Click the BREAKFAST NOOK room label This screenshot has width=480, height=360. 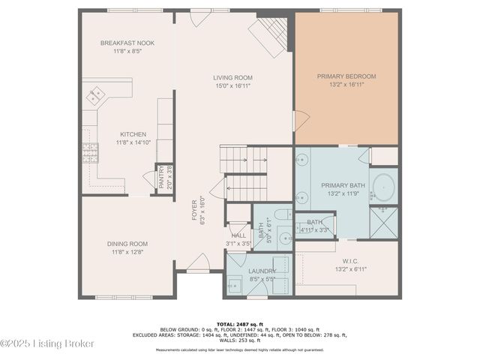(127, 43)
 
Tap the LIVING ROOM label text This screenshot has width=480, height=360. (232, 77)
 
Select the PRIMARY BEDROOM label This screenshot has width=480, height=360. (346, 76)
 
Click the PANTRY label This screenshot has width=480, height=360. (161, 179)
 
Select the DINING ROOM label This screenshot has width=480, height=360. (127, 244)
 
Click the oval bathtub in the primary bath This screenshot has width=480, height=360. (384, 185)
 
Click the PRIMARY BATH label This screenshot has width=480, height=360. (341, 185)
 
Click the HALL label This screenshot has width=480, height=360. (238, 235)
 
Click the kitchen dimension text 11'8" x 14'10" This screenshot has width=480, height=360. (133, 142)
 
